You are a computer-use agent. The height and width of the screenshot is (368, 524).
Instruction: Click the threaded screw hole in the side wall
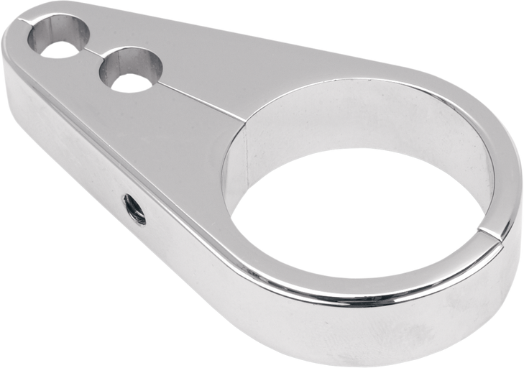coord(134,208)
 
